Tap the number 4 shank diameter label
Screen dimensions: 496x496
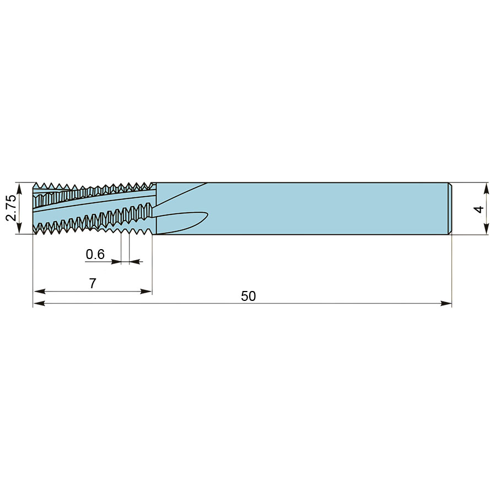[479, 209]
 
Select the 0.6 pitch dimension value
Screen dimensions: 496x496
[95, 254]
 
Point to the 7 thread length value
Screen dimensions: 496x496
[93, 283]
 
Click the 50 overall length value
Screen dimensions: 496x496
[249, 296]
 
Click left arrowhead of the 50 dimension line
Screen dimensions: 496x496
[39, 303]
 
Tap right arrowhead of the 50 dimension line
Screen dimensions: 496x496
[446, 303]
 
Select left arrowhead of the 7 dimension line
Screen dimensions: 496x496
[39, 292]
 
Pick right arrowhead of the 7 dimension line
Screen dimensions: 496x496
[146, 292]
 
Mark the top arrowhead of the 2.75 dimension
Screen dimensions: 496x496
[19, 188]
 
